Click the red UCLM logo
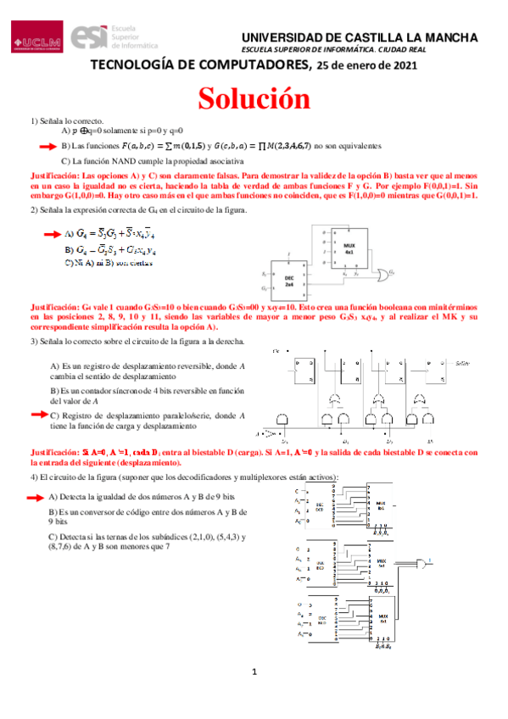36,39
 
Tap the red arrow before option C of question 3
38,415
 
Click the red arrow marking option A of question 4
38,496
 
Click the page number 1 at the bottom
254,697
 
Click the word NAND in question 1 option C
121,160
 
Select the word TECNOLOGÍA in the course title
134,66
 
